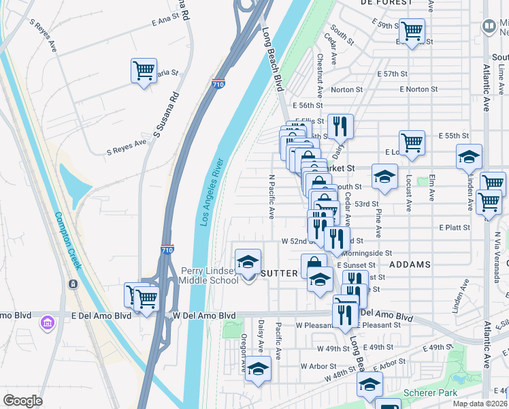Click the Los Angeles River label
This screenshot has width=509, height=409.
tap(211, 193)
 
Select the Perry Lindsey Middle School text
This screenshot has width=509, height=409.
tap(209, 275)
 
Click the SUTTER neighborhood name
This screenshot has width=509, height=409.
tap(280, 273)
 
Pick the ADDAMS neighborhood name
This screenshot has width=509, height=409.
tap(410, 264)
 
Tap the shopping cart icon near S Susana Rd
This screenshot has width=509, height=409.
tap(144, 70)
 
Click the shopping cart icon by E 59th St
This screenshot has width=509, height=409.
tap(412, 31)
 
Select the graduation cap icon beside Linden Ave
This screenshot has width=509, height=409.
tap(469, 157)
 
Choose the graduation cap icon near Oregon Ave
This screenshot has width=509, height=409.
tap(258, 369)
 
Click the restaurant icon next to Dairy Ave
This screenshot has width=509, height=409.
tap(340, 126)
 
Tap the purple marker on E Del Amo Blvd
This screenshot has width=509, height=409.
tap(47, 320)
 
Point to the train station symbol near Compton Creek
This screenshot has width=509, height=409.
tap(73, 284)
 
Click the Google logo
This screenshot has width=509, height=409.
tap(22, 401)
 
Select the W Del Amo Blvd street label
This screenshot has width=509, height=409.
tap(203, 316)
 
